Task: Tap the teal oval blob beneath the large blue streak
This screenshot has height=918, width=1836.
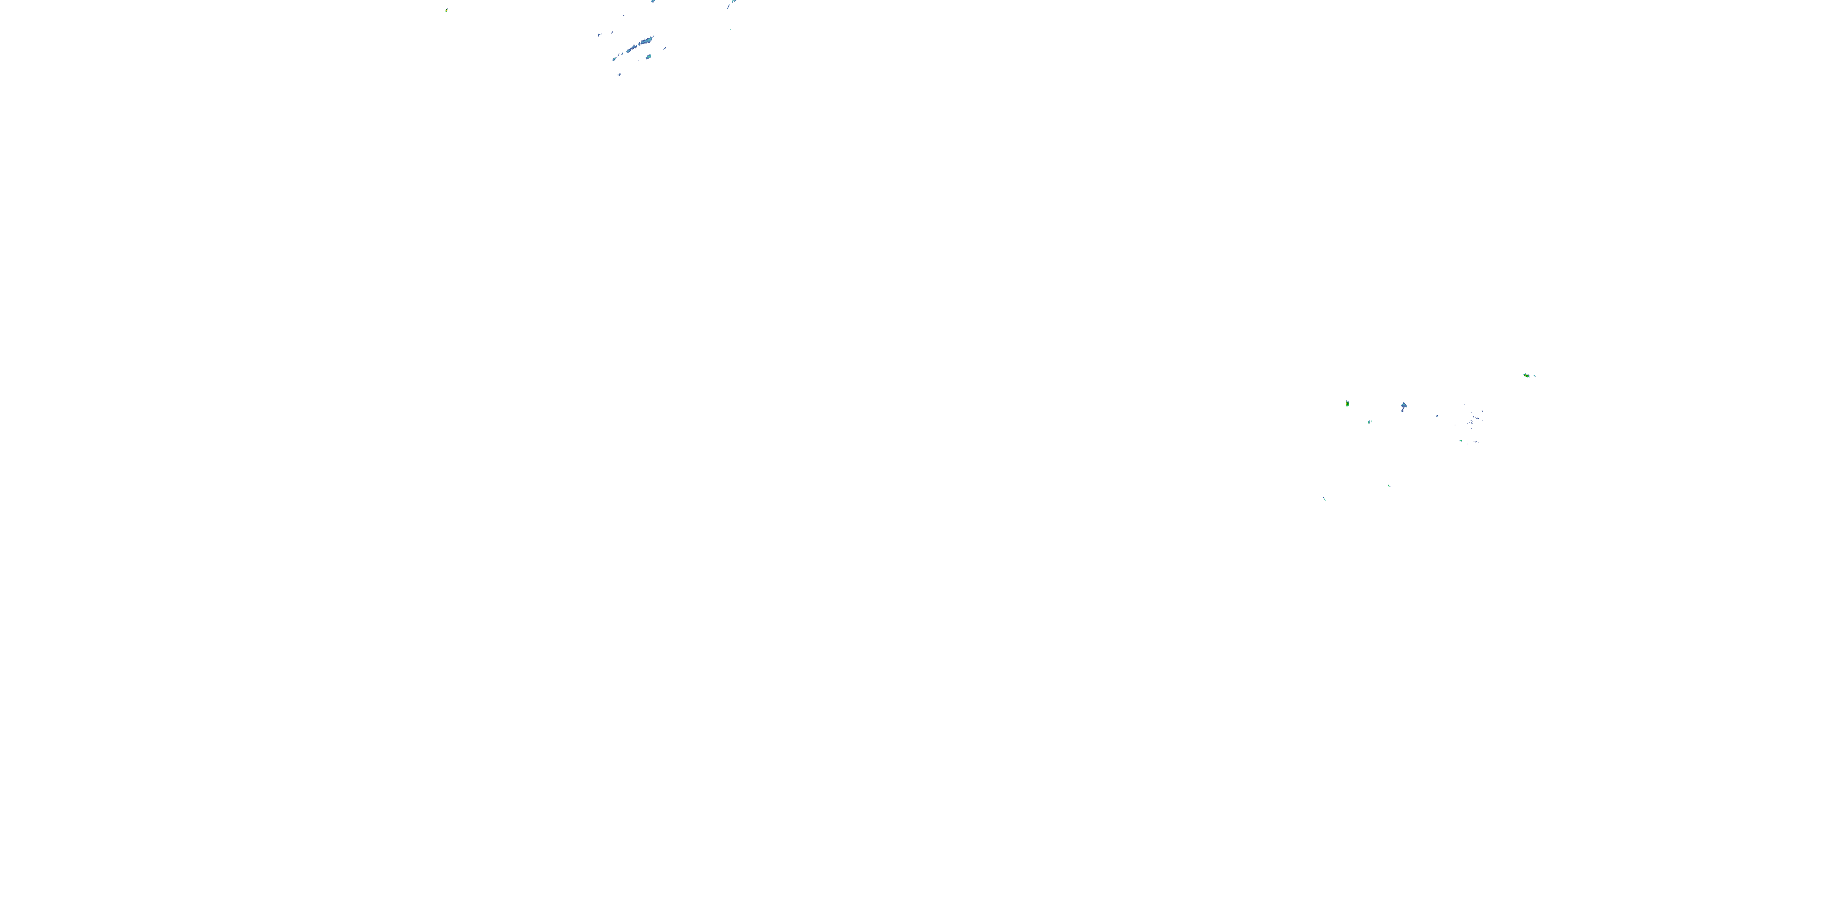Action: coord(649,56)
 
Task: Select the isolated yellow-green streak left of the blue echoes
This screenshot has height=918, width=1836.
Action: coord(447,10)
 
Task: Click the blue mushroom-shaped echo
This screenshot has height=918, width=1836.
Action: coord(1403,406)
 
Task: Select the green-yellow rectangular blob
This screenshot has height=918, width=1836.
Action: coord(1347,403)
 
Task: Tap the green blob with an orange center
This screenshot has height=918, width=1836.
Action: coord(1526,375)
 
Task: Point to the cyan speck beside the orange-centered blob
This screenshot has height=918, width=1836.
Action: coord(1534,376)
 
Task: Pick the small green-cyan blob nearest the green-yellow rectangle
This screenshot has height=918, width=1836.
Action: coord(1369,422)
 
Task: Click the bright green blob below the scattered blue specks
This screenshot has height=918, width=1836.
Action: coord(1461,441)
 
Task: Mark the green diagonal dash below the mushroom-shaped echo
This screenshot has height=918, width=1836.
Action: coord(1389,486)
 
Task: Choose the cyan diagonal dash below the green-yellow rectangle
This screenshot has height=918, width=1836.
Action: coord(1324,498)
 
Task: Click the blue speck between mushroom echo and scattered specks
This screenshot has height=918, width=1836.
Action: coord(1437,416)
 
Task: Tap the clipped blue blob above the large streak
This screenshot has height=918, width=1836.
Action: coord(653,1)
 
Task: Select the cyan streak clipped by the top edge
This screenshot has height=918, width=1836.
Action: coord(731,4)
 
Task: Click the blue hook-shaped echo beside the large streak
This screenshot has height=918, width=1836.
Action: coord(599,34)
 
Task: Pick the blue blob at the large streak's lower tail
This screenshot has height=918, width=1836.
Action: coord(614,58)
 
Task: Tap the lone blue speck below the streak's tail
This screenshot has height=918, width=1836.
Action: coord(619,74)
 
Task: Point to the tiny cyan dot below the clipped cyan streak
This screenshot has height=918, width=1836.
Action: coord(731,29)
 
